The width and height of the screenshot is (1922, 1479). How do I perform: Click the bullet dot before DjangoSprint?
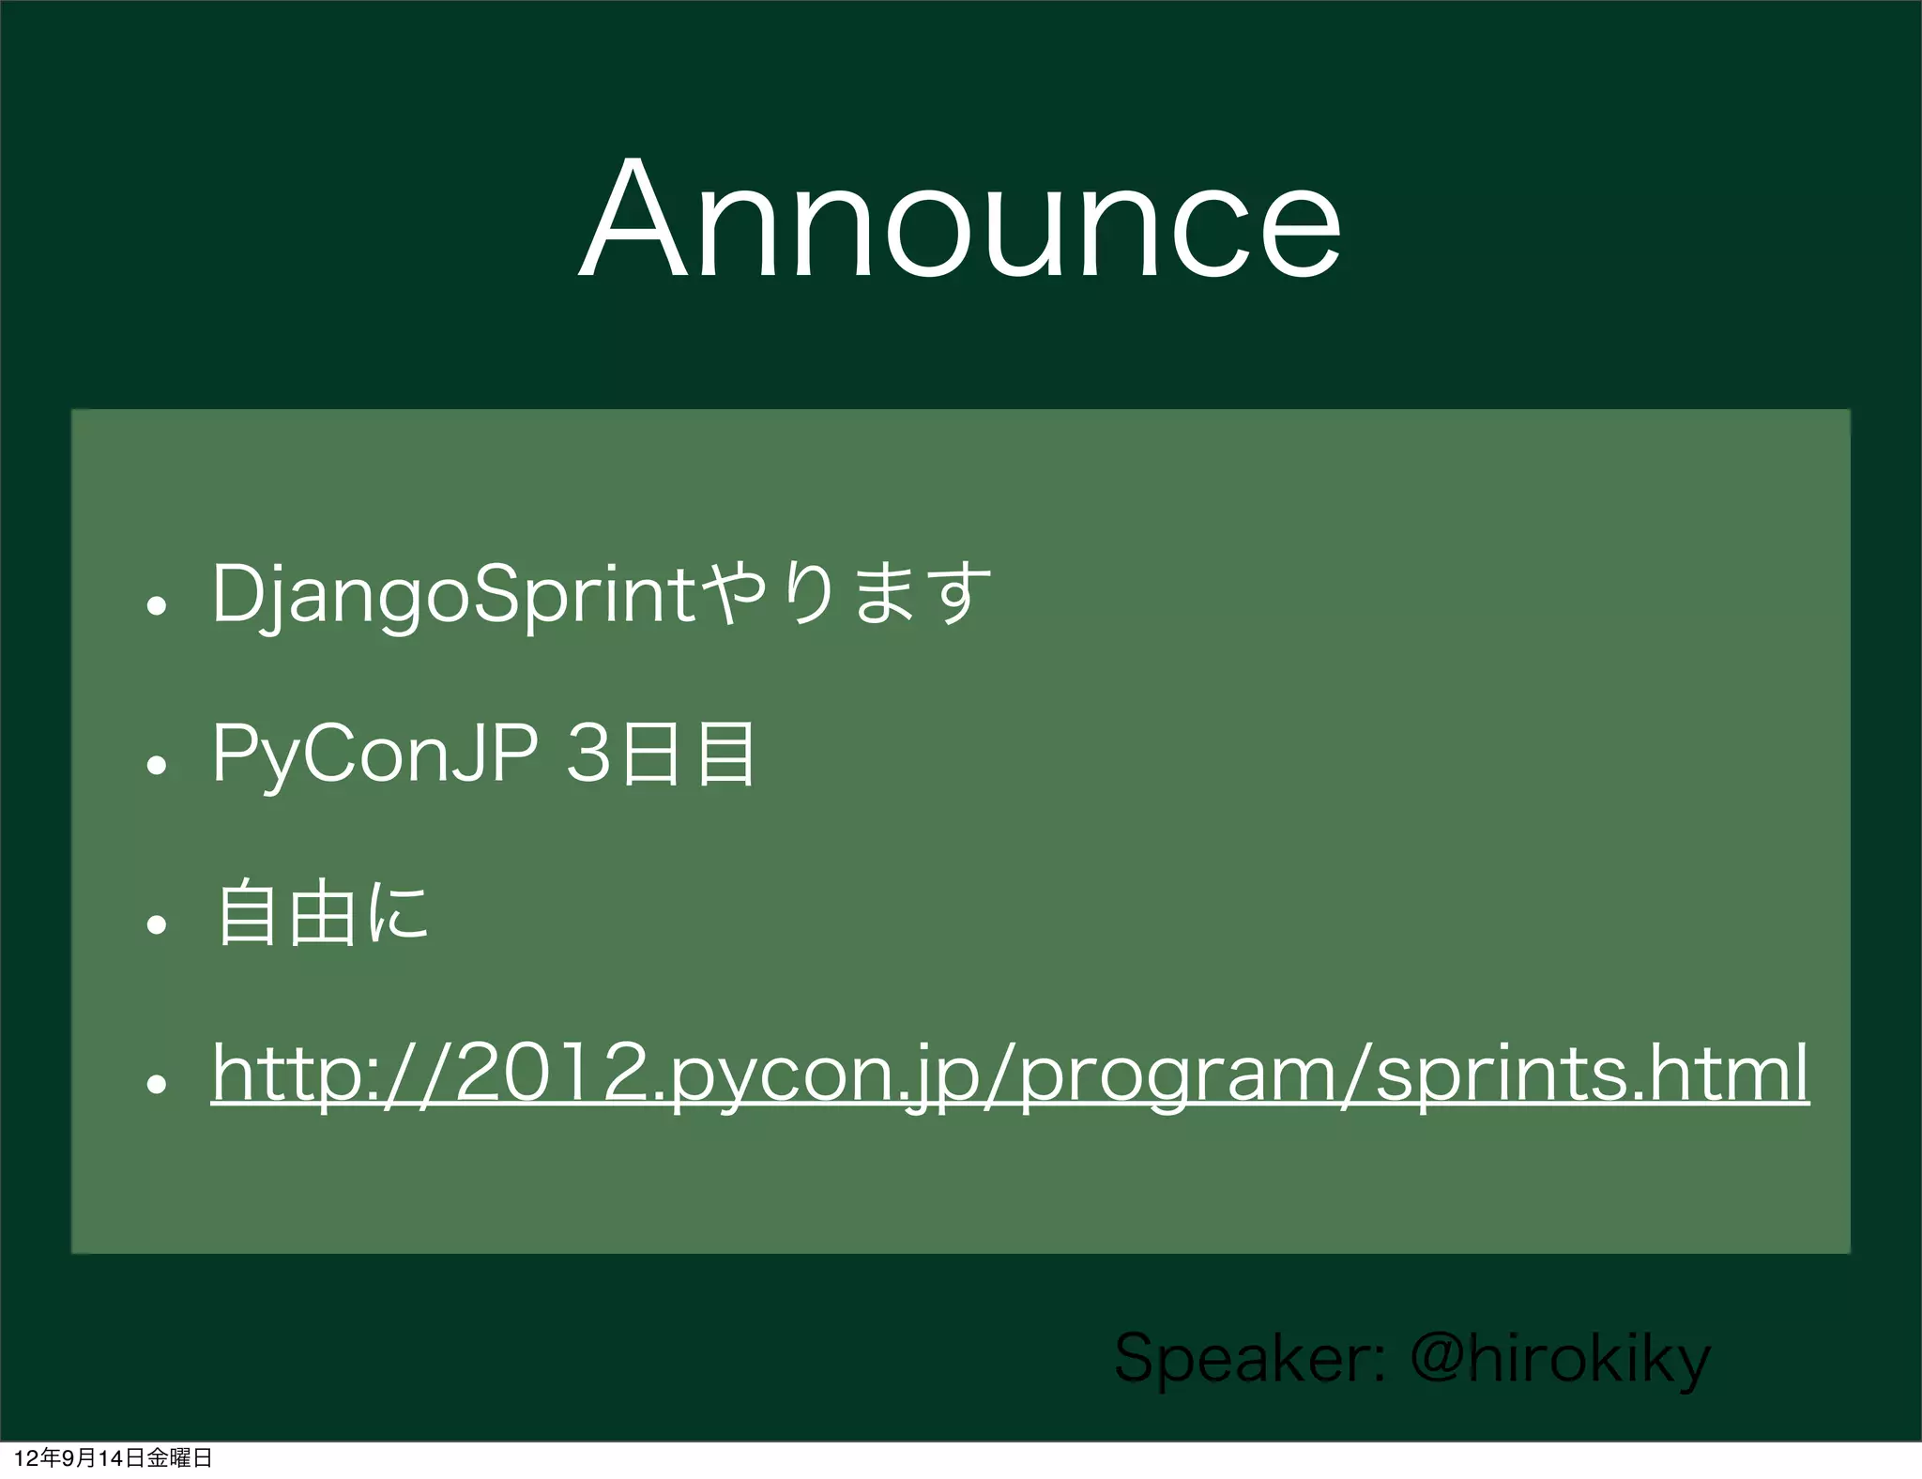coord(157,605)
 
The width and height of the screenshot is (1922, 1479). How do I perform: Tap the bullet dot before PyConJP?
coord(157,765)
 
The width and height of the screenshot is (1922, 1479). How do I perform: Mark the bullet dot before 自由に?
coord(157,924)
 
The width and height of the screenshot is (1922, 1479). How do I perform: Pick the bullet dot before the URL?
coord(157,1084)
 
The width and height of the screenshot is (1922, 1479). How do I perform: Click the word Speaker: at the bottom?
coord(1248,1358)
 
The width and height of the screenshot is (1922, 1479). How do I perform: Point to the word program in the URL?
coord(1177,1075)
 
